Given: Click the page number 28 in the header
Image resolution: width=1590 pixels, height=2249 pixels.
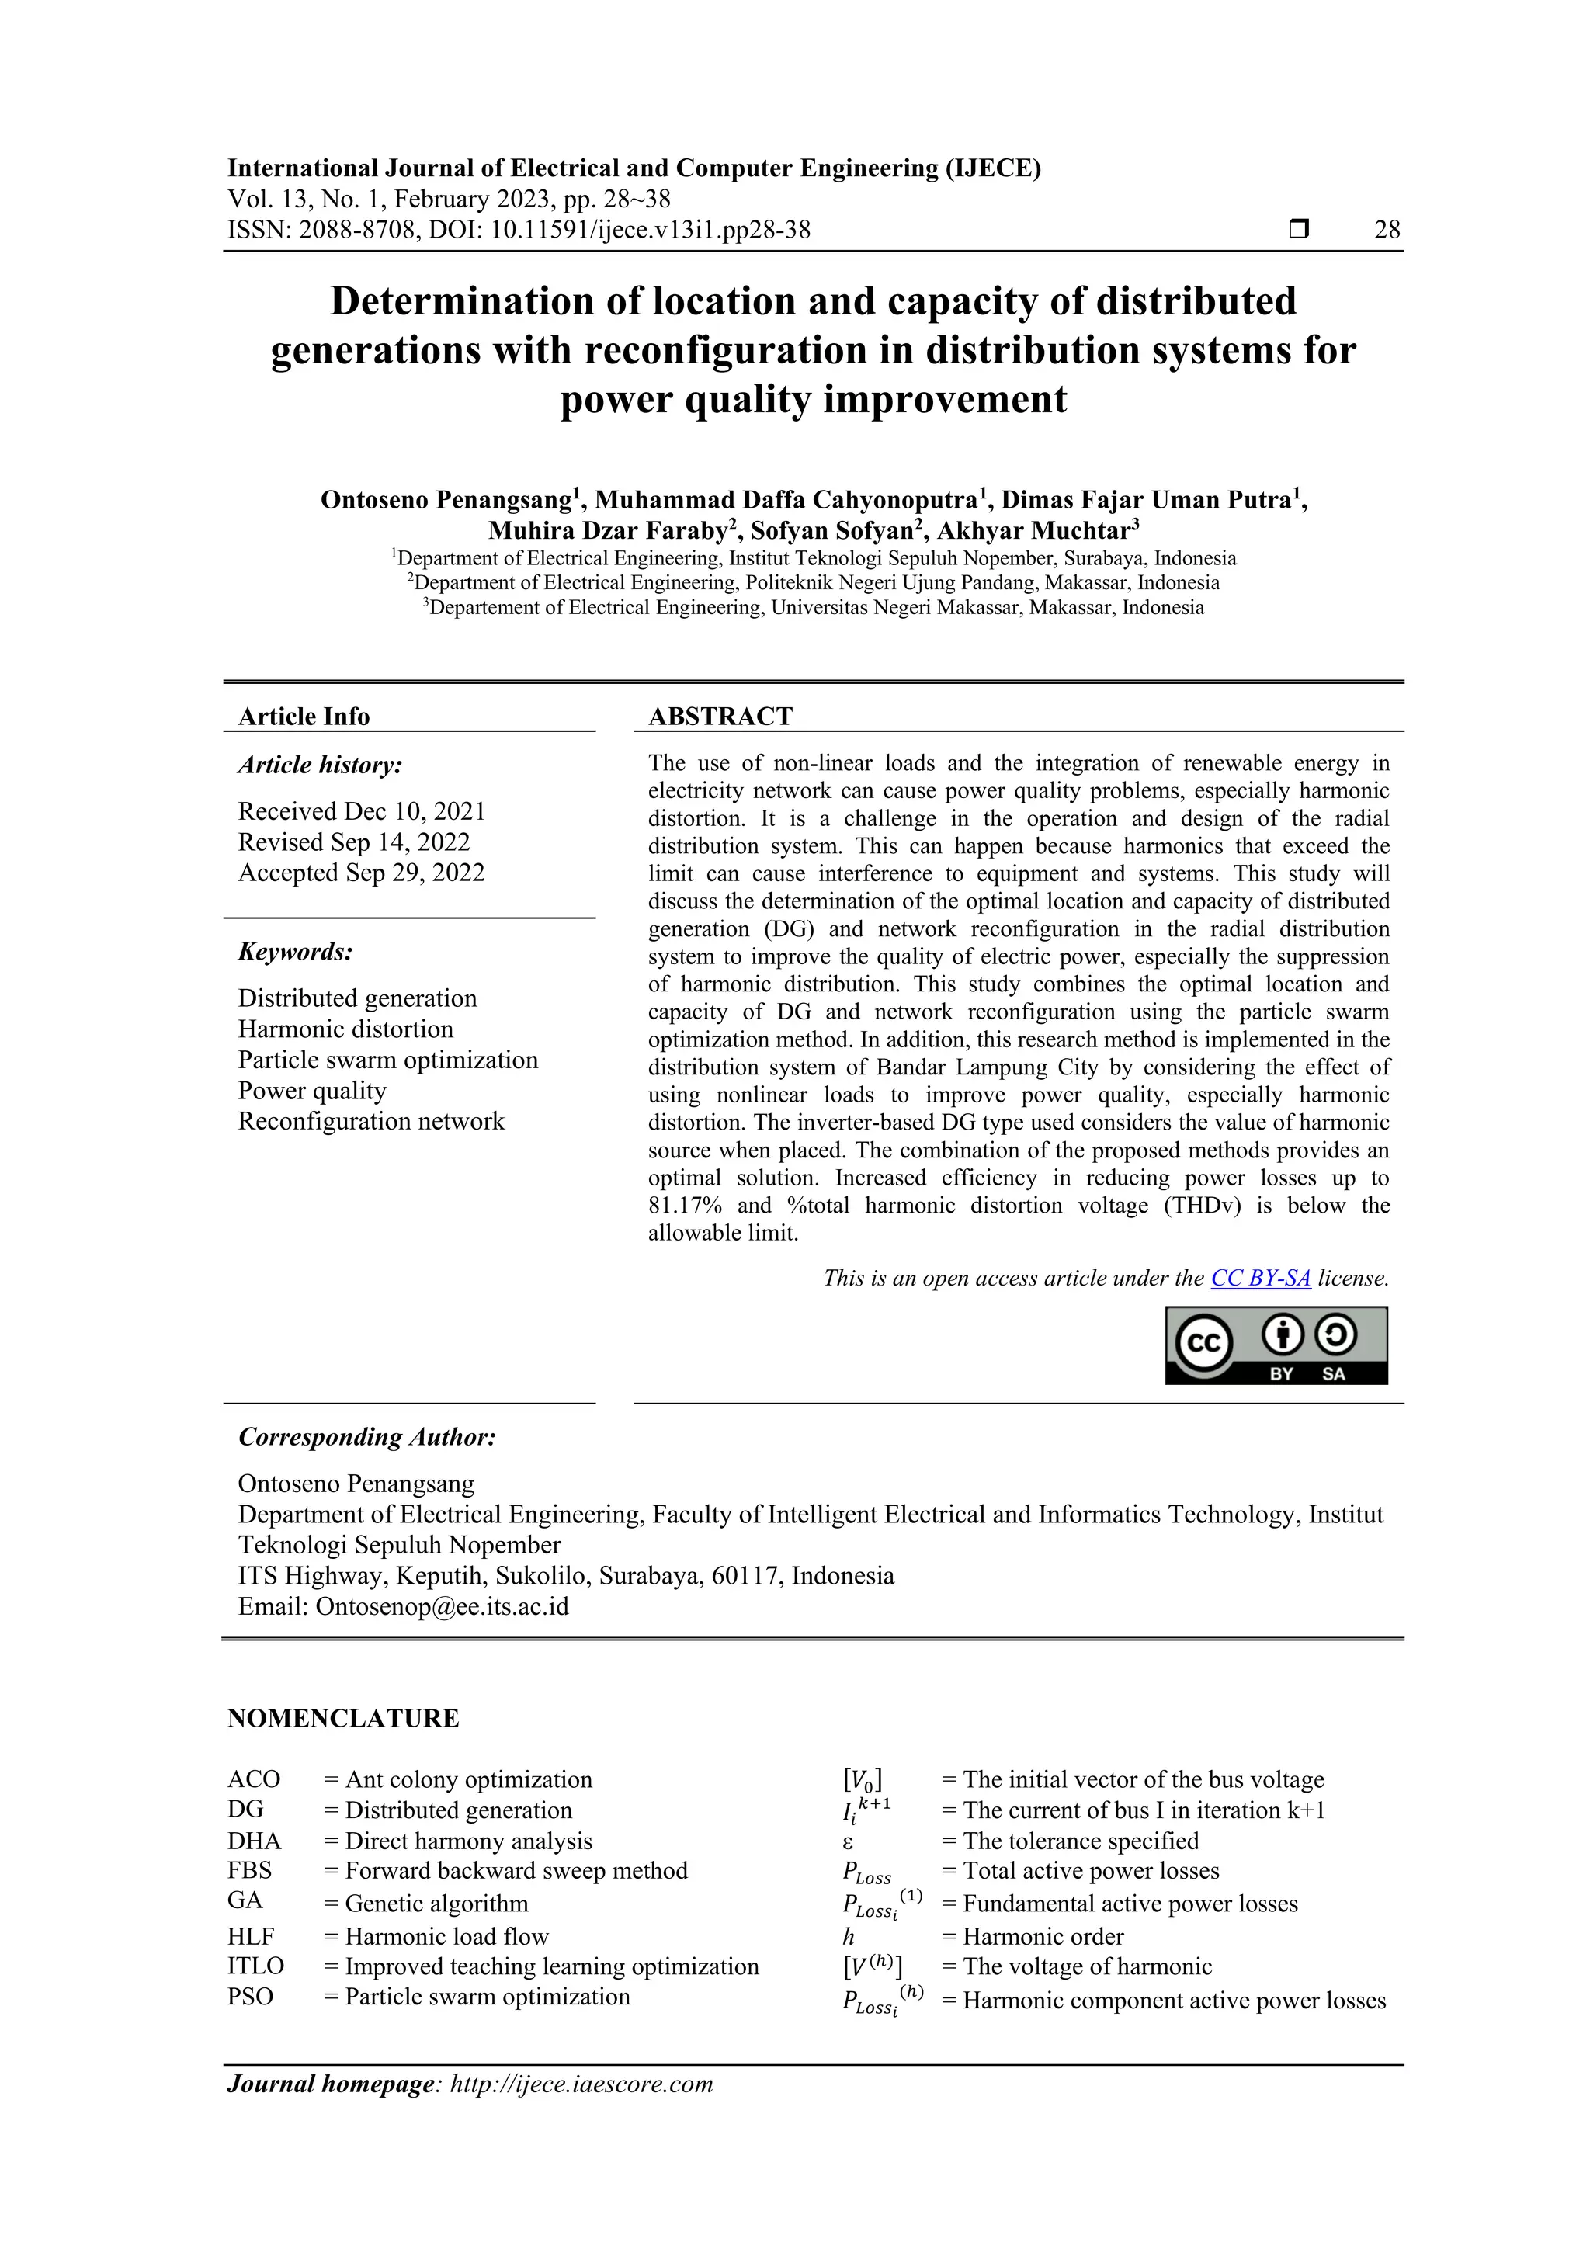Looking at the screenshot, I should pyautogui.click(x=1387, y=231).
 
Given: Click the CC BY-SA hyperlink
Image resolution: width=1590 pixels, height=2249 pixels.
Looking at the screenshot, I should pyautogui.click(x=1260, y=1279).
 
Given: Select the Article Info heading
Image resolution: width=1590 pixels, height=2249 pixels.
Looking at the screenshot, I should pyautogui.click(x=304, y=717).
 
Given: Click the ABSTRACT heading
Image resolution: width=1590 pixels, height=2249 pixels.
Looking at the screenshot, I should pyautogui.click(x=720, y=717).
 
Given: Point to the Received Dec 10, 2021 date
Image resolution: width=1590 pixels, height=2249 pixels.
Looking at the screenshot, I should pyautogui.click(x=362, y=812).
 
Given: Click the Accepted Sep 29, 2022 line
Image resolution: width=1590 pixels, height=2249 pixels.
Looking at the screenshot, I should pyautogui.click(x=362, y=873).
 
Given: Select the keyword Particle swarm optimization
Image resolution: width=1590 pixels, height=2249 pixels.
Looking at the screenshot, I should pyautogui.click(x=388, y=1060).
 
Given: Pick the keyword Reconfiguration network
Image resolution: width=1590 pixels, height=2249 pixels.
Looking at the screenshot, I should pyautogui.click(x=371, y=1122).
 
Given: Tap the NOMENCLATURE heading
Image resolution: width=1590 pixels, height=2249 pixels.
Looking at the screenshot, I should pyautogui.click(x=343, y=1719).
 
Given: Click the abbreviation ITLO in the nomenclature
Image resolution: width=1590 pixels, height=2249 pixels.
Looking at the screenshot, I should pyautogui.click(x=255, y=1967).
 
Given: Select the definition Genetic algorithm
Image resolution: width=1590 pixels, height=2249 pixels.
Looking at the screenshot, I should pyautogui.click(x=437, y=1904).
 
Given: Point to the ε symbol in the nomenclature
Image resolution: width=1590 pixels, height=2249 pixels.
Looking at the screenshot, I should pyautogui.click(x=849, y=1841).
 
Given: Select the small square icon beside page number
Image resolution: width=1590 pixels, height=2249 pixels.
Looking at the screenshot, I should pyautogui.click(x=1298, y=231).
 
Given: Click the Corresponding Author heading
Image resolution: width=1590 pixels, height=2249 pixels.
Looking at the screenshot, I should pyautogui.click(x=366, y=1438).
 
